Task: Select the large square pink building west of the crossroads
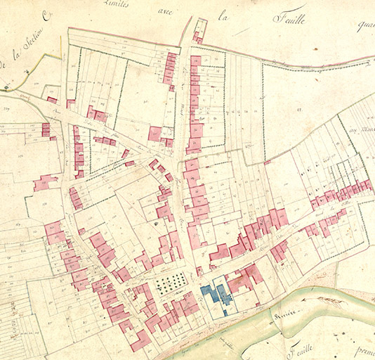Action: pyautogui.click(x=155, y=133)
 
